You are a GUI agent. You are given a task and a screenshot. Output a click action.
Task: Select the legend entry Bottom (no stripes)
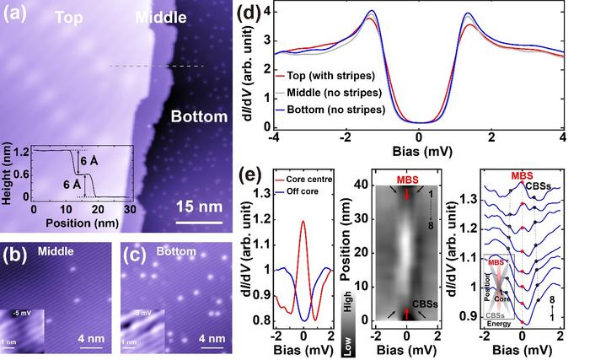click(335, 109)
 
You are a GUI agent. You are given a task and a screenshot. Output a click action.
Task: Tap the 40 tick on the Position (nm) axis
click(359, 185)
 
